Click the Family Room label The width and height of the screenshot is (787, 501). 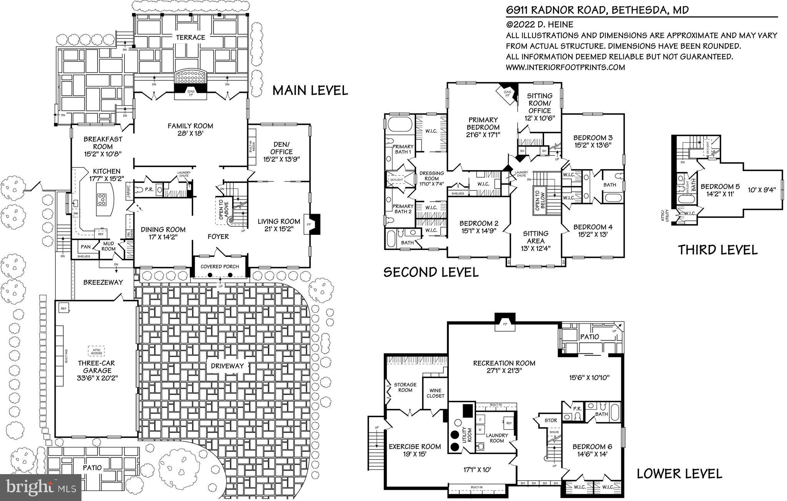190,126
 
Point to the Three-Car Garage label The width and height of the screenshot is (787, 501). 96,367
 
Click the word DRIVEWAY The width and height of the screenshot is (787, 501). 227,366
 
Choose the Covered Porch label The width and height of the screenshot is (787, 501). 219,267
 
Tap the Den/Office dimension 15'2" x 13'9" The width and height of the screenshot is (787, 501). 281,159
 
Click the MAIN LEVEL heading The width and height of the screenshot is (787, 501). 310,91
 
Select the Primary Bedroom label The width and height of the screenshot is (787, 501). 483,123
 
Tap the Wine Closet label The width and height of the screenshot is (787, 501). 435,393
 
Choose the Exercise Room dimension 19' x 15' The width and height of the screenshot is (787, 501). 415,454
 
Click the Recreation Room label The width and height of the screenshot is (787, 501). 504,363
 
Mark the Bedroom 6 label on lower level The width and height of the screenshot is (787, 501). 592,446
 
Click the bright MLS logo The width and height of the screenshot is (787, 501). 40,487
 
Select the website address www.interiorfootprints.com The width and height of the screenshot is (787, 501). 565,67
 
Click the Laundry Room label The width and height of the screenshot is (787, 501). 497,438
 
